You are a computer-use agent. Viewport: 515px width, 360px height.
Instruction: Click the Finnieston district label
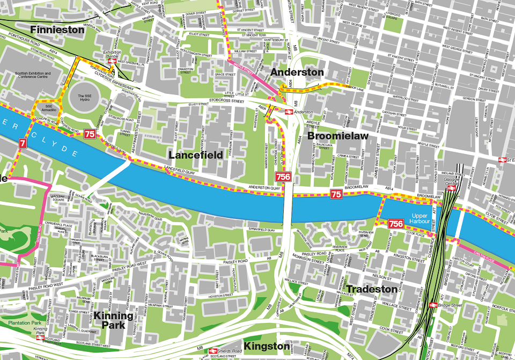click(57, 30)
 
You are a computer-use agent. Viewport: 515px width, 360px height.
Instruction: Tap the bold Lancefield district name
click(195, 155)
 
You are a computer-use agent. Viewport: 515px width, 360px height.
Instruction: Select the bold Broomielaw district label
click(337, 136)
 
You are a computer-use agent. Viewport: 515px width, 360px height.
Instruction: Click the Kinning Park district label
click(113, 320)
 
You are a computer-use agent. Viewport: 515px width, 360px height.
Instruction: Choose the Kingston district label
click(266, 346)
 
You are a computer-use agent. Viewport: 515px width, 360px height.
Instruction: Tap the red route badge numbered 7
click(22, 143)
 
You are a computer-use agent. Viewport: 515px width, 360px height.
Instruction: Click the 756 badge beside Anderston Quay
click(283, 177)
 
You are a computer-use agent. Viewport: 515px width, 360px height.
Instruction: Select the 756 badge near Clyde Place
click(396, 224)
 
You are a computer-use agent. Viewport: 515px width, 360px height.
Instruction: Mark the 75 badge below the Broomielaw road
click(336, 194)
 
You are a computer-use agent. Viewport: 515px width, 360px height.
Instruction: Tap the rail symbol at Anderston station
click(288, 112)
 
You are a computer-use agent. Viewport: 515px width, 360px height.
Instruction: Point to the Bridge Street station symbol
click(432, 305)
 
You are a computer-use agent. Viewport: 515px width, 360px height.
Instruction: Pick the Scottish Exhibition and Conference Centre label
click(33, 75)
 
